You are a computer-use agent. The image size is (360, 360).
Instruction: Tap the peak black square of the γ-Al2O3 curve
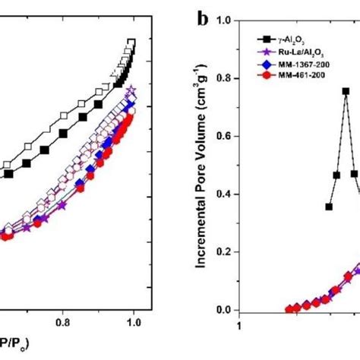click(x=346, y=91)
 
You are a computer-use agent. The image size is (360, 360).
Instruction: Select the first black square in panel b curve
click(x=329, y=206)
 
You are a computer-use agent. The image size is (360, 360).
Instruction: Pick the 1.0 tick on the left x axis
click(x=134, y=321)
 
